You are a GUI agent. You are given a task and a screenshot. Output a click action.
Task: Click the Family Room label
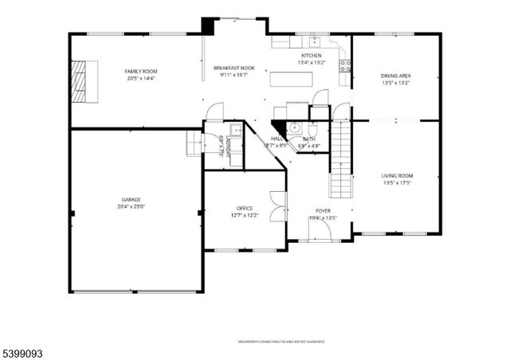(135, 72)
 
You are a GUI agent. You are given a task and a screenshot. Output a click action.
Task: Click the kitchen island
(292, 79)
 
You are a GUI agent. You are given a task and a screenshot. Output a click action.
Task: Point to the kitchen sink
(315, 41)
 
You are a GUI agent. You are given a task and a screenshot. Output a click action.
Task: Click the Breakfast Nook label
(234, 68)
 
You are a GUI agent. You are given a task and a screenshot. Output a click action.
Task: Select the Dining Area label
(395, 76)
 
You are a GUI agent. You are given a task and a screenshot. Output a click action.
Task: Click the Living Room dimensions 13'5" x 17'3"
(396, 183)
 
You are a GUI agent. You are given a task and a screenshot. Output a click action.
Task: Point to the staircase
(341, 159)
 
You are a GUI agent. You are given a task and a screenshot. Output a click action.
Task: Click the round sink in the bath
(294, 127)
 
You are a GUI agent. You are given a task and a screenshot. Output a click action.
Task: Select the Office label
(244, 208)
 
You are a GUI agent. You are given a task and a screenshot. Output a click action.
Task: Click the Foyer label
(323, 211)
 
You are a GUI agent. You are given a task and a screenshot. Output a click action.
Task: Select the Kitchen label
(311, 55)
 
